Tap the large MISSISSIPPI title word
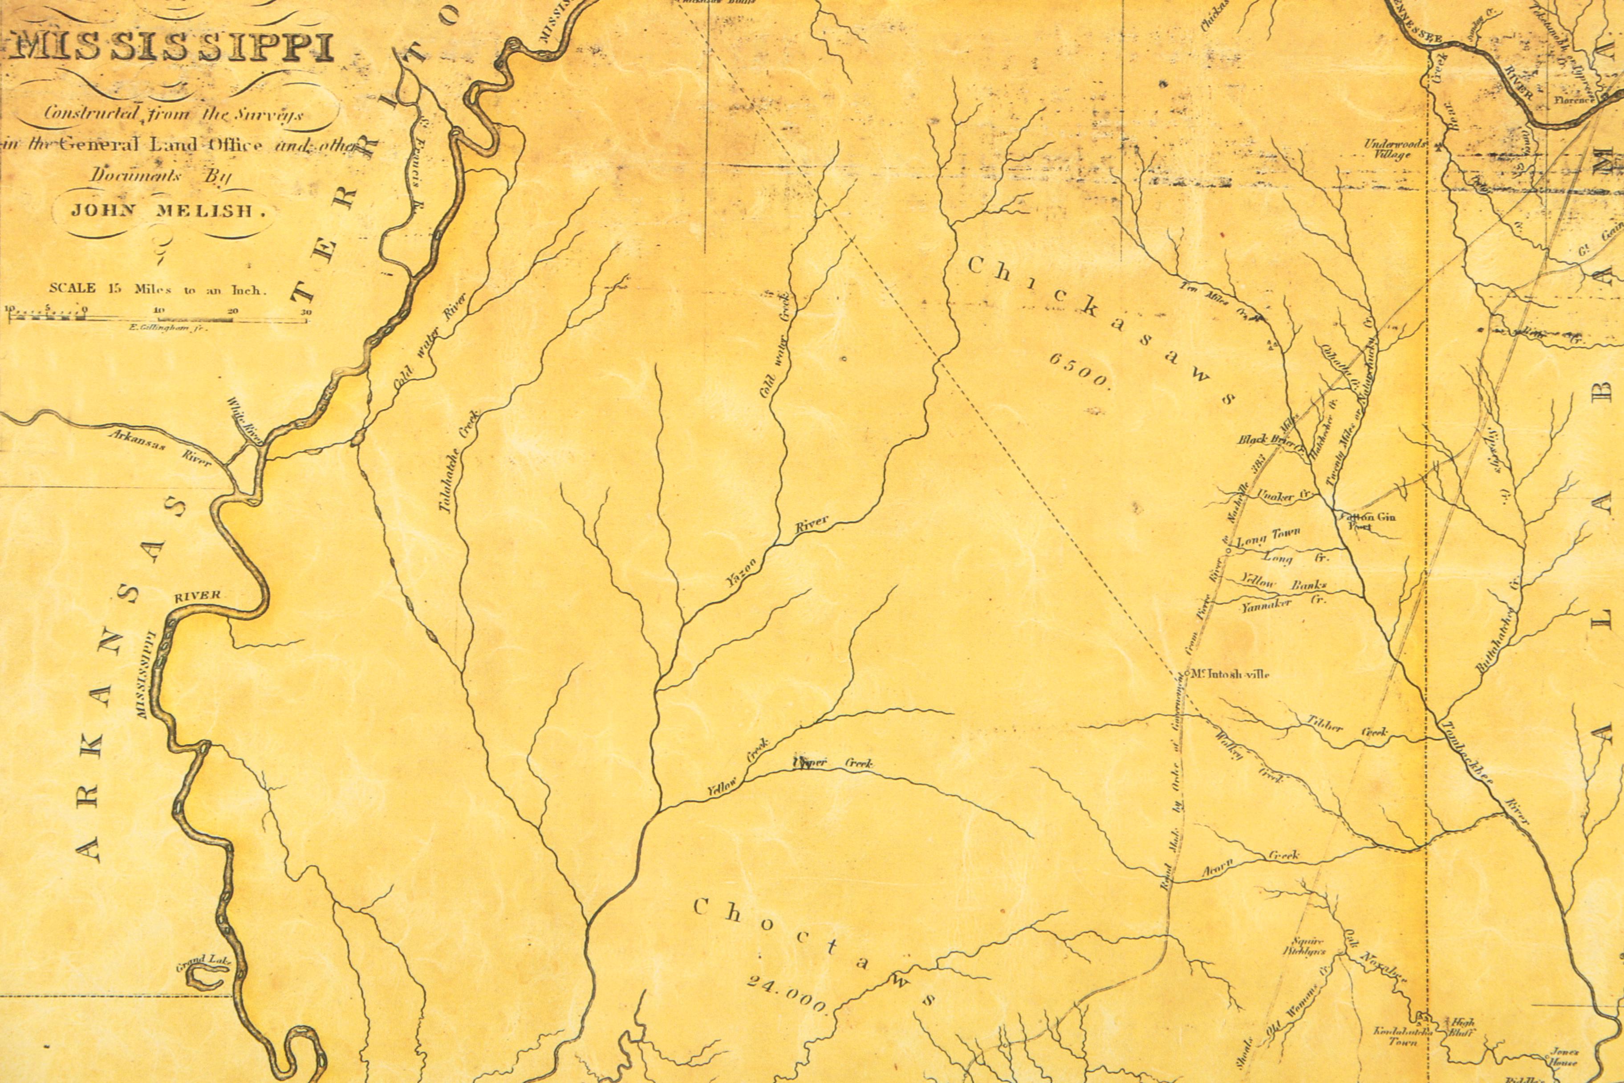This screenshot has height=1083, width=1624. click(x=173, y=49)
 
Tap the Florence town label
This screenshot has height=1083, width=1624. click(x=1574, y=99)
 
